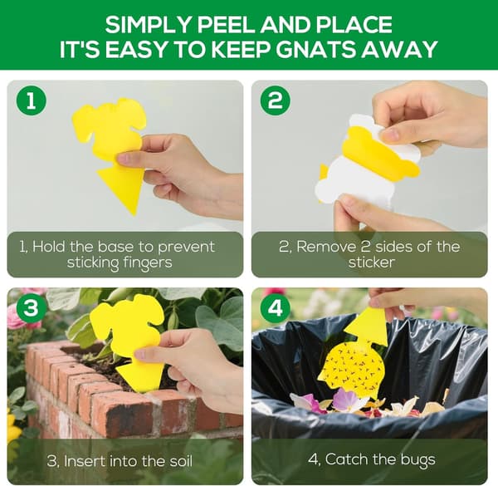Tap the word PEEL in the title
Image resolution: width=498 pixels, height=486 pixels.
227,24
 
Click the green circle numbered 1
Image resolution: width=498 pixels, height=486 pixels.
32,101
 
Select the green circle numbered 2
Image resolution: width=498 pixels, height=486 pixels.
275,101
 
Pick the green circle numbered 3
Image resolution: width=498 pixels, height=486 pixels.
32,308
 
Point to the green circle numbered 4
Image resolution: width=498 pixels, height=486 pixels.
275,308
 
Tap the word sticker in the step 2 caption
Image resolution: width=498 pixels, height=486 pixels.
372,263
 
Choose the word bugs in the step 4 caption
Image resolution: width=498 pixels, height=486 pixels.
417,460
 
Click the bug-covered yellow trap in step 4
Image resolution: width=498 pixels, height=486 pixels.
357,359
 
